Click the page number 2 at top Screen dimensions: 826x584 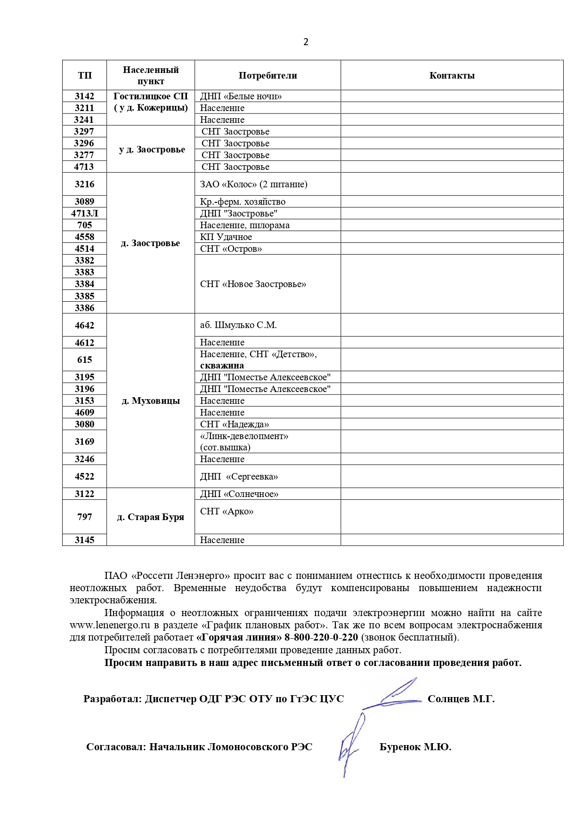coord(306,42)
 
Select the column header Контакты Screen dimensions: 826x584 coord(452,75)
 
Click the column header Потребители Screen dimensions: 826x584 coord(268,75)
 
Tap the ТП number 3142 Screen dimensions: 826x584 coord(84,96)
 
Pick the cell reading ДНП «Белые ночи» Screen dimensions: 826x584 coord(241,96)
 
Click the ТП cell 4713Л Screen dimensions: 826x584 coord(84,213)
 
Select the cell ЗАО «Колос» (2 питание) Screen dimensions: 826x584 coord(253,184)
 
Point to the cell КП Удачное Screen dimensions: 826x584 coord(226,237)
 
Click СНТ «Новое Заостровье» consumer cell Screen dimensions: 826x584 coord(253,284)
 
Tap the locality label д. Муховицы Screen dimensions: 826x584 coord(151,401)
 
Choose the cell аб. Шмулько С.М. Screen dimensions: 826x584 coord(238,325)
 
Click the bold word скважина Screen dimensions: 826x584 coord(222,366)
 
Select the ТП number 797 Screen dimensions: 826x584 coord(84,517)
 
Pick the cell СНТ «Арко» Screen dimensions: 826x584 coord(227,511)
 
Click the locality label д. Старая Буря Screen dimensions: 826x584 coord(151,517)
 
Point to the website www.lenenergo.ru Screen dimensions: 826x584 coord(110,625)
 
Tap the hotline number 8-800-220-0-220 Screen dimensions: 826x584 coord(321,637)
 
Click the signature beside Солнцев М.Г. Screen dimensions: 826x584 coord(393,694)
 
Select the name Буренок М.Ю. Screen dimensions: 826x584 coord(415,747)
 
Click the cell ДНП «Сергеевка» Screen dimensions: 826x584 coord(239,476)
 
